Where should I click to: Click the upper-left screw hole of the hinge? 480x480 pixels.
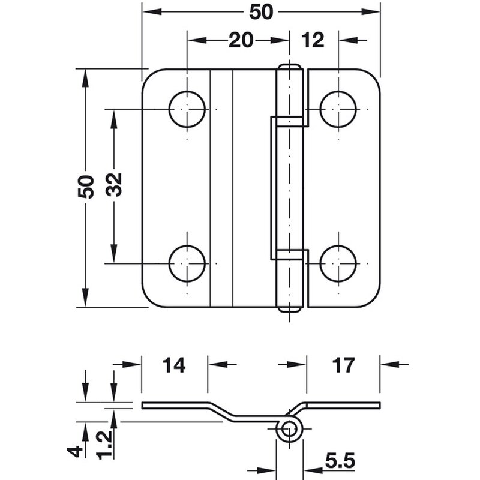187,109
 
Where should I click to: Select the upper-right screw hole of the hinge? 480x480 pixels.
338,109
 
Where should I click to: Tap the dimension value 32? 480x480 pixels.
114,186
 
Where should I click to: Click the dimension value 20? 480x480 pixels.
240,40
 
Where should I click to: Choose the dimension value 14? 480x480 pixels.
174,364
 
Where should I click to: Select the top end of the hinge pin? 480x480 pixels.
290,66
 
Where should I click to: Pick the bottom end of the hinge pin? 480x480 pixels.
290,310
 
